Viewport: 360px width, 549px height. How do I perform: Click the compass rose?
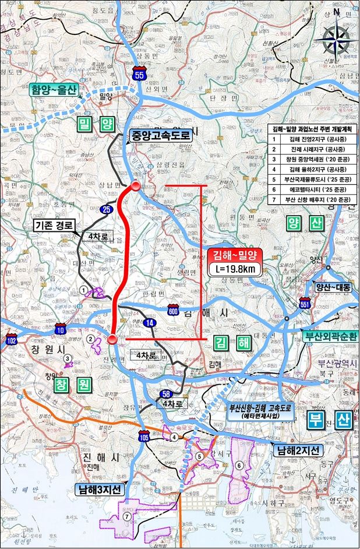[x=337, y=39]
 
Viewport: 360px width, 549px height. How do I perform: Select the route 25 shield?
[x=107, y=209]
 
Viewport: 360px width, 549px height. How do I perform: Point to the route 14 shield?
[x=150, y=323]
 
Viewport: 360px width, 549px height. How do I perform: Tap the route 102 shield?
[x=12, y=341]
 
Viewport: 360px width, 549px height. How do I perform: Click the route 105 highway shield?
[x=143, y=435]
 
